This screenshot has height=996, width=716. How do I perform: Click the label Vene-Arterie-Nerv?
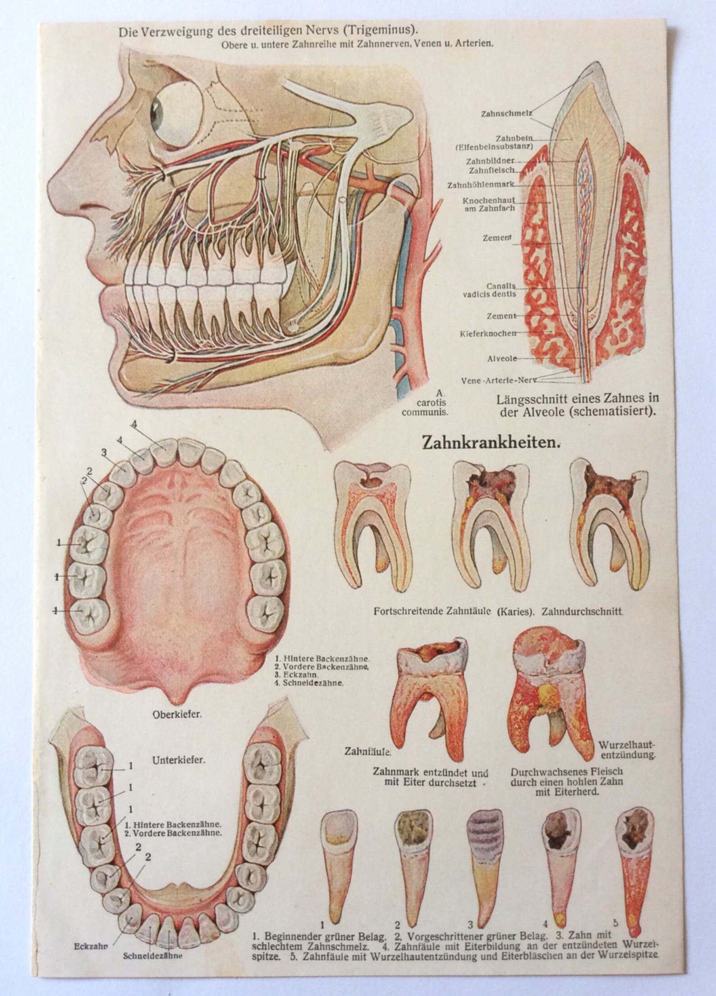click(499, 380)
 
